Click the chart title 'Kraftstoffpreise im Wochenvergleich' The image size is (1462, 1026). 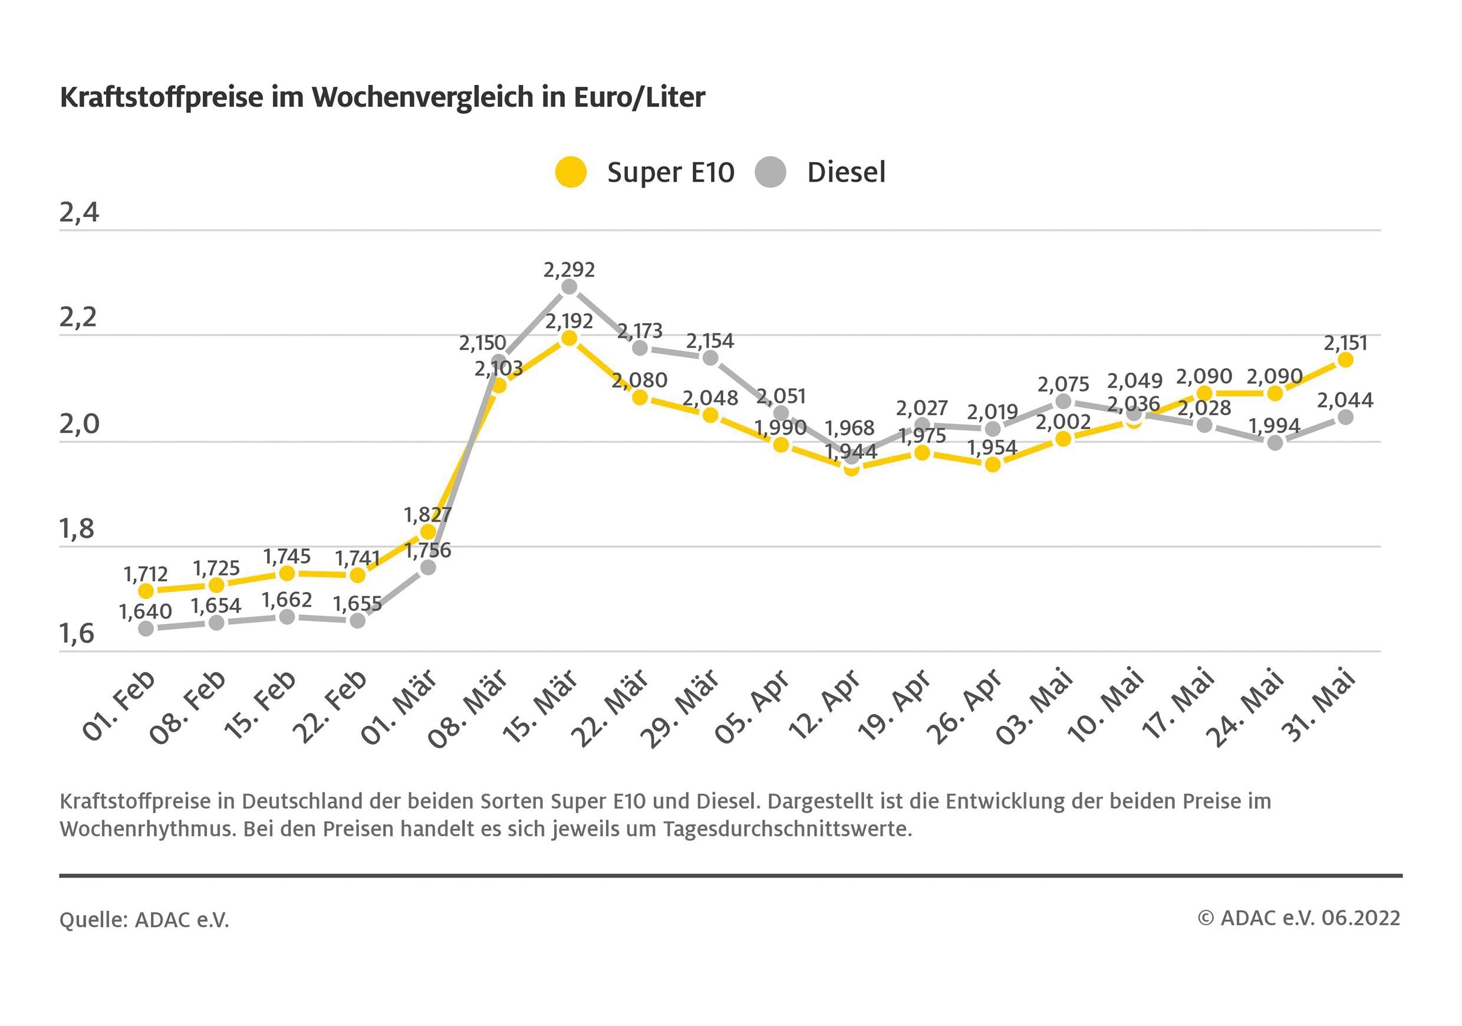click(x=382, y=97)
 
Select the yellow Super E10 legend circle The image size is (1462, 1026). click(x=571, y=172)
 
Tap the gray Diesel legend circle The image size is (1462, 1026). click(x=770, y=172)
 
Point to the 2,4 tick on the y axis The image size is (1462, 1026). click(x=79, y=213)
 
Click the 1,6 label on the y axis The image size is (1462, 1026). click(x=77, y=634)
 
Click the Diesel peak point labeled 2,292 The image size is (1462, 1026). click(x=569, y=287)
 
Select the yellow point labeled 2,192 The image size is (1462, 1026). click(x=569, y=338)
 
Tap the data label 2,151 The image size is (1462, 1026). click(x=1345, y=343)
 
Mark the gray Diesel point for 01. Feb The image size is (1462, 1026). click(x=146, y=629)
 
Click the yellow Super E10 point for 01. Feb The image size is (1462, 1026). click(x=146, y=591)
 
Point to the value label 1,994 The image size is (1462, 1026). click(x=1274, y=425)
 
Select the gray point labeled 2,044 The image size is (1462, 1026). click(x=1345, y=417)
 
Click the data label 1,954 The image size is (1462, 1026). click(x=992, y=448)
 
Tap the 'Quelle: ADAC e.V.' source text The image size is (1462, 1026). click(x=144, y=920)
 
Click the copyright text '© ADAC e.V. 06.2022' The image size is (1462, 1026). click(x=1299, y=918)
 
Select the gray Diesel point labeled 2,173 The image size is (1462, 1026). click(x=640, y=348)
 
